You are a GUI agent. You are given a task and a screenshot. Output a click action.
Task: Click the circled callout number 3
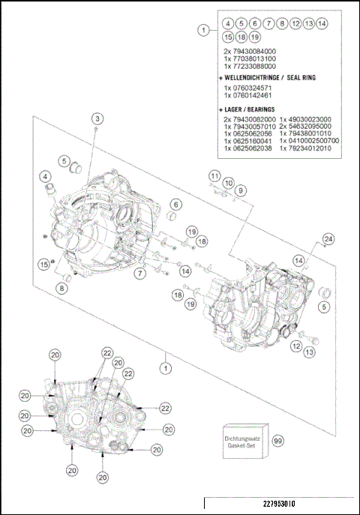tap(97, 118)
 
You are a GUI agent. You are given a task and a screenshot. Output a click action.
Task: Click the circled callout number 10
tap(228, 182)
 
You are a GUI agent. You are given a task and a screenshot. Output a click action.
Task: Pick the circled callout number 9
tap(240, 190)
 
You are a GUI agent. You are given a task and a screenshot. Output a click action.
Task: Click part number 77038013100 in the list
tap(255, 58)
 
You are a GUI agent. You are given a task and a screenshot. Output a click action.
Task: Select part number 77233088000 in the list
tap(255, 66)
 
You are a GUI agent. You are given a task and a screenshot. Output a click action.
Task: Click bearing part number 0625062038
tap(249, 148)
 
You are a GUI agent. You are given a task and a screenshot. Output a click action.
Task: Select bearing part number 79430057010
tap(249, 127)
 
